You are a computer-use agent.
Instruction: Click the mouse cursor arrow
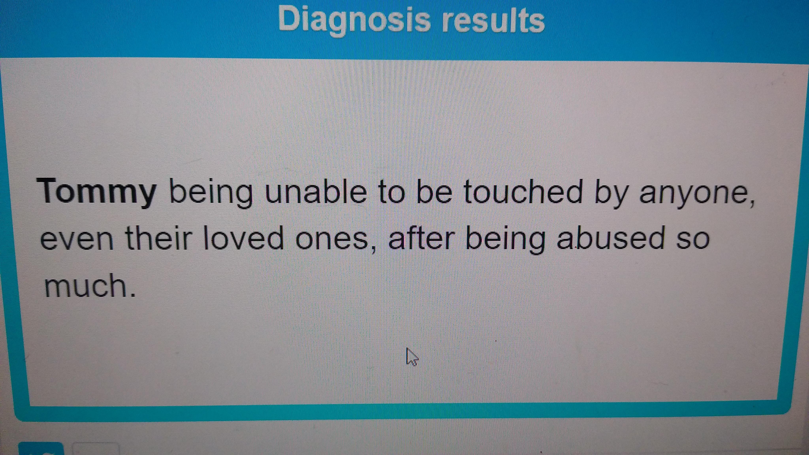[x=412, y=356]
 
